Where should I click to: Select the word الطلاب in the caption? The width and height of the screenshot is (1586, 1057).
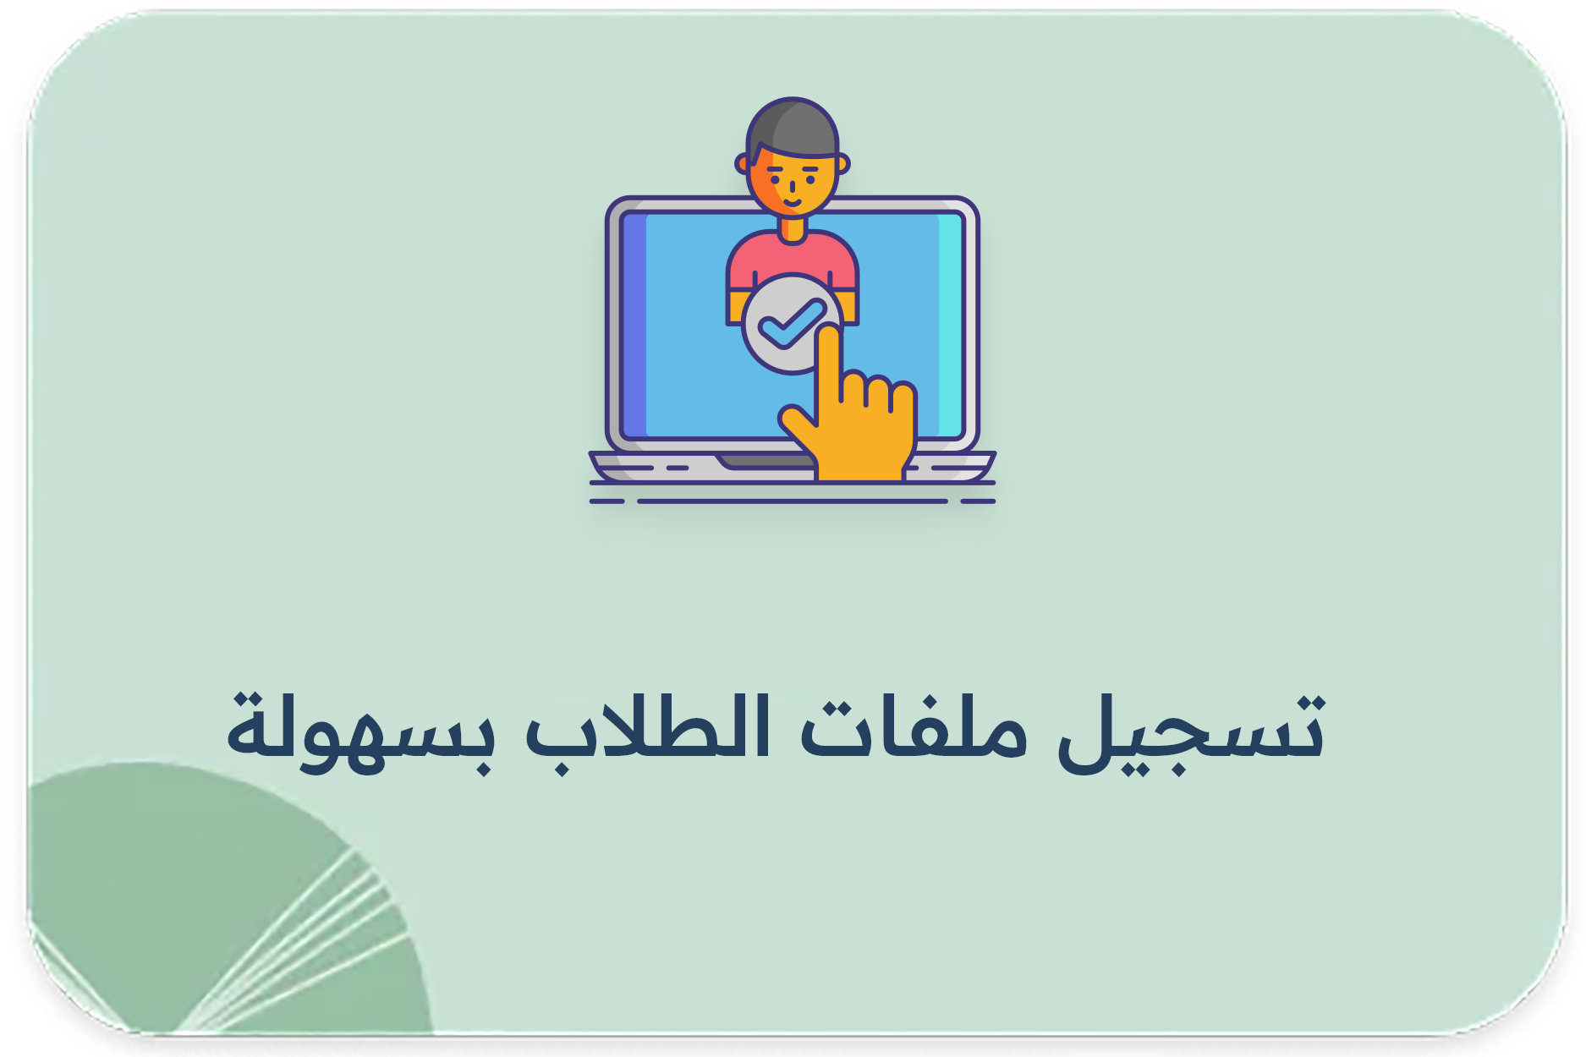[x=647, y=727]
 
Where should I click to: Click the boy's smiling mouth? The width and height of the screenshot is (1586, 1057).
[x=793, y=201]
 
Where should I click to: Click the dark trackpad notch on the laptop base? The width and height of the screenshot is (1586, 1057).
[x=761, y=461]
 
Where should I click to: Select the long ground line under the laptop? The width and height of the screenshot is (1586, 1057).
[x=792, y=501]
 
